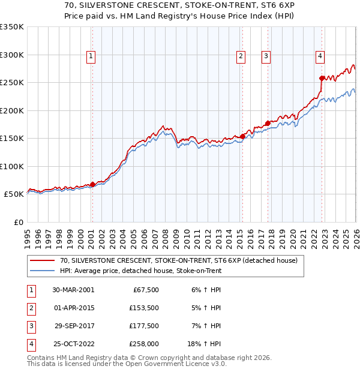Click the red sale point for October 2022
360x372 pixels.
point(322,78)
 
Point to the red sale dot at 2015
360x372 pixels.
point(242,136)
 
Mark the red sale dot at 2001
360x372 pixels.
point(93,185)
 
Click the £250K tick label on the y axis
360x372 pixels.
point(12,83)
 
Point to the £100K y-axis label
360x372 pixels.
point(12,167)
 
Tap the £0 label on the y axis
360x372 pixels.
point(17,223)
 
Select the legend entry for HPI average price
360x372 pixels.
point(140,271)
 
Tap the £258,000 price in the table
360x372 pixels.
point(143,344)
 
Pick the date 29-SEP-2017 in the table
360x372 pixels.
point(73,326)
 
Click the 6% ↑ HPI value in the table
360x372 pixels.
point(205,290)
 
